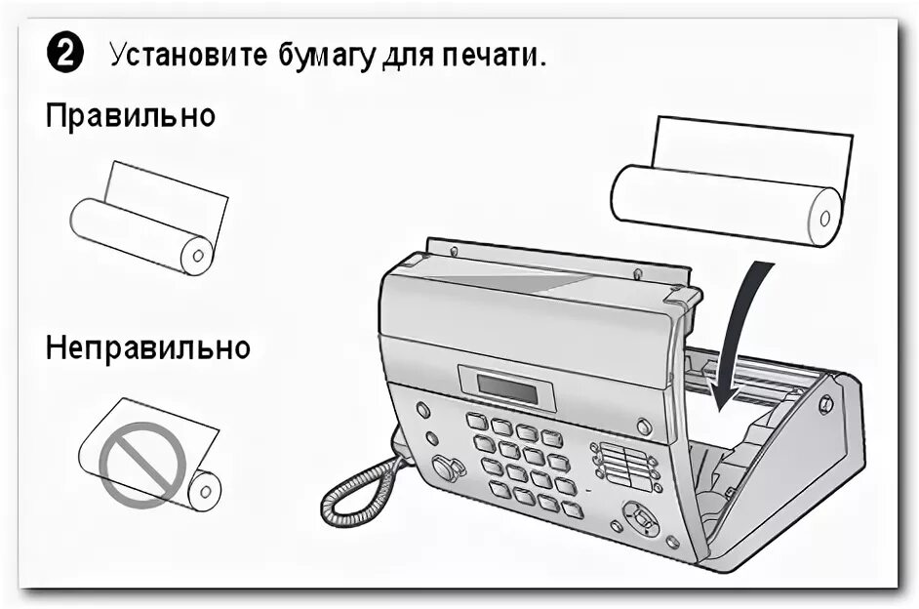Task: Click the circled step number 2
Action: [64, 55]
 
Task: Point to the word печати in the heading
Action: [492, 55]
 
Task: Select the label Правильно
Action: [130, 117]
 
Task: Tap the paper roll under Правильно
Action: [141, 235]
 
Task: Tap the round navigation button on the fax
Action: [642, 517]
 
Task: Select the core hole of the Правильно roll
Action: [197, 257]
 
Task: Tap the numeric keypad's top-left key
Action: [476, 421]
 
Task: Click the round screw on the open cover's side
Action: [825, 403]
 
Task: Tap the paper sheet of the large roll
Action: [751, 146]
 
